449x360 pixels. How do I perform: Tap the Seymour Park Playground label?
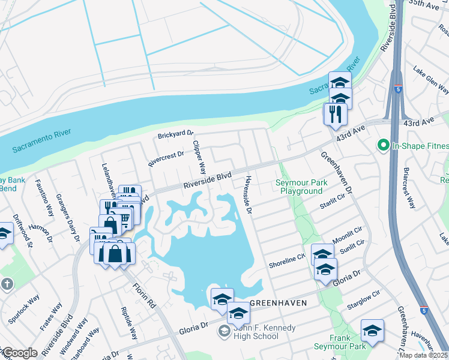299,187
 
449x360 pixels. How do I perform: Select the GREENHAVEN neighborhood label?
277,304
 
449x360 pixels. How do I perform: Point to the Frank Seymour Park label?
340,343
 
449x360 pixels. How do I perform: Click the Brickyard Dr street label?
176,134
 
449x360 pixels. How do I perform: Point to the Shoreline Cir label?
288,260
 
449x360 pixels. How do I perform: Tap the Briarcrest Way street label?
411,188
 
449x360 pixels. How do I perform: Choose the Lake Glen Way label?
430,80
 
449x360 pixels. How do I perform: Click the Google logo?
20,353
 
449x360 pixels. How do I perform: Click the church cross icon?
7,283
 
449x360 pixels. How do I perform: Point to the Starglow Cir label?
364,301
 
